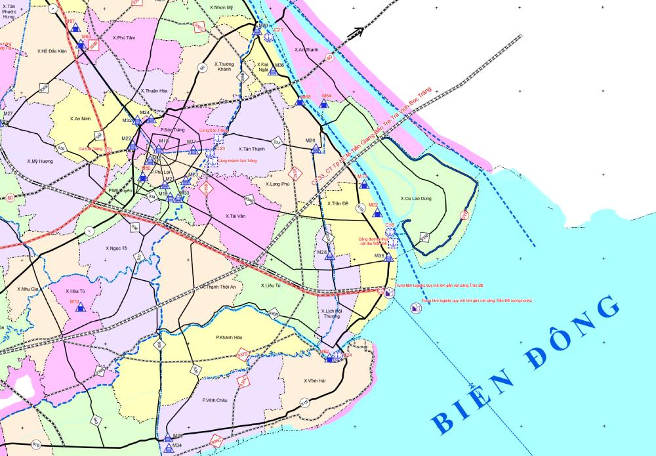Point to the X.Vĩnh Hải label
pyautogui.click(x=316, y=381)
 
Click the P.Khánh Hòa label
pyautogui.click(x=230, y=338)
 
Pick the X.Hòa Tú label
pyautogui.click(x=77, y=291)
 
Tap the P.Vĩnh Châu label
pyautogui.click(x=215, y=400)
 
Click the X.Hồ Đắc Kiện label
pyautogui.click(x=52, y=51)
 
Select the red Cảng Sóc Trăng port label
pyautogui.click(x=221, y=131)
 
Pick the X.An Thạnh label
pyautogui.click(x=306, y=50)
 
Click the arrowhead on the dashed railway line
pyautogui.click(x=358, y=31)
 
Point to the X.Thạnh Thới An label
pyautogui.click(x=222, y=287)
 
